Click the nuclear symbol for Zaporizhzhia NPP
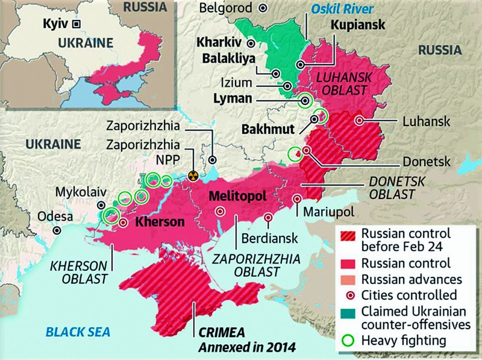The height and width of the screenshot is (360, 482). point(193,176)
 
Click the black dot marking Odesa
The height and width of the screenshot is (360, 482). point(57,230)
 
